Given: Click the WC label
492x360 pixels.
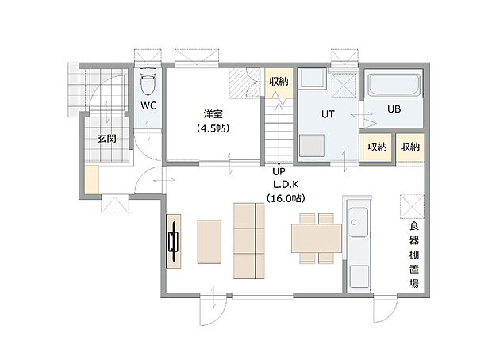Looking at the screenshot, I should tap(148, 105).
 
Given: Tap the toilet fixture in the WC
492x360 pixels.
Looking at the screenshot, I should tap(148, 82).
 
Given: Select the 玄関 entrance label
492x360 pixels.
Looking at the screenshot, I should tap(106, 139).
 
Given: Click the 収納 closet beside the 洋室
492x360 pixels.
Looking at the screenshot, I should tap(278, 82).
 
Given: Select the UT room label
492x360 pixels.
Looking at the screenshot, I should tap(328, 114).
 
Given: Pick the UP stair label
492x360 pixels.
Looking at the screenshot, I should tap(279, 171).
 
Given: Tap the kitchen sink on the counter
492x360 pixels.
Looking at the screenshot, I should tap(358, 222).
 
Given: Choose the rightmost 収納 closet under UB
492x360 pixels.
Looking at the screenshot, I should tap(409, 147).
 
